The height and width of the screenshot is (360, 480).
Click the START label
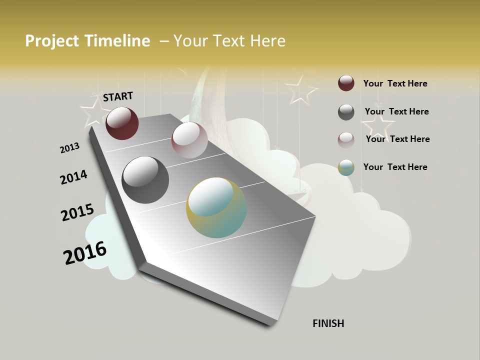(x=118, y=96)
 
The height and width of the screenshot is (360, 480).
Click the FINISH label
(x=328, y=323)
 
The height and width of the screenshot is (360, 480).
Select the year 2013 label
(x=69, y=148)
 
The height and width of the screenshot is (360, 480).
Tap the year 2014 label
(x=73, y=177)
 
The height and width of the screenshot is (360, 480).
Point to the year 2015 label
(x=77, y=212)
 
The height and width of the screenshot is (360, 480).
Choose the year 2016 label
(x=85, y=252)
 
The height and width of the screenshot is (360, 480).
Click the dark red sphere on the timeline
(x=122, y=123)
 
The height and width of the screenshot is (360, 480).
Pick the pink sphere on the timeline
(x=189, y=140)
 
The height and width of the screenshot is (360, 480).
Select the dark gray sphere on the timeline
(x=145, y=180)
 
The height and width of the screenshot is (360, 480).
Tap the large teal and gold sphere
(x=216, y=207)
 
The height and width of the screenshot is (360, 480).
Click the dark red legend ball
(x=346, y=83)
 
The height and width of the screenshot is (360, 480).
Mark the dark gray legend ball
(x=346, y=112)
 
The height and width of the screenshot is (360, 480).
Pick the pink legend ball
(x=346, y=139)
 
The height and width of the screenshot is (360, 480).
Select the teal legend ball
(x=346, y=167)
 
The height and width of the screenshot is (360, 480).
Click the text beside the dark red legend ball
(x=395, y=83)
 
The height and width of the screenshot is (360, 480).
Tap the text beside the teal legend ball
(x=395, y=167)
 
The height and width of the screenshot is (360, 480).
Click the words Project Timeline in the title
(x=87, y=41)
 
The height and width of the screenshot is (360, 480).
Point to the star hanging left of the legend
(x=301, y=89)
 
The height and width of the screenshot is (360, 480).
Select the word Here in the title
(x=267, y=41)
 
